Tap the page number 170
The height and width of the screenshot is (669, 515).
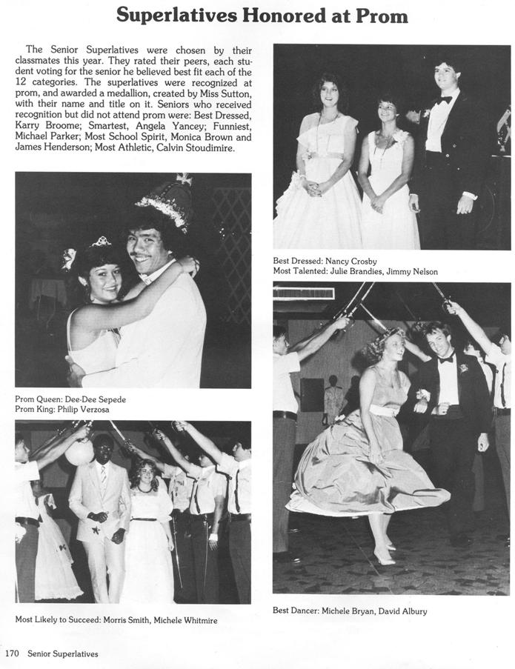[x=12, y=654]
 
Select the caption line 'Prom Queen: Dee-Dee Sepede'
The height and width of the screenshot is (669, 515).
[x=70, y=399]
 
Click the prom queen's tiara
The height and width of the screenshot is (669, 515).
[x=100, y=242]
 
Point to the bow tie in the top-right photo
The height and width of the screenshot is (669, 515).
[x=443, y=100]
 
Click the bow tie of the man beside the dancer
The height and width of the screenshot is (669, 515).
[x=445, y=359]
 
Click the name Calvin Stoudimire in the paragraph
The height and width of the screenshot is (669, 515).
[x=202, y=147]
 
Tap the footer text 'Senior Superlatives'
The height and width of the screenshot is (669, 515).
[x=63, y=654]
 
